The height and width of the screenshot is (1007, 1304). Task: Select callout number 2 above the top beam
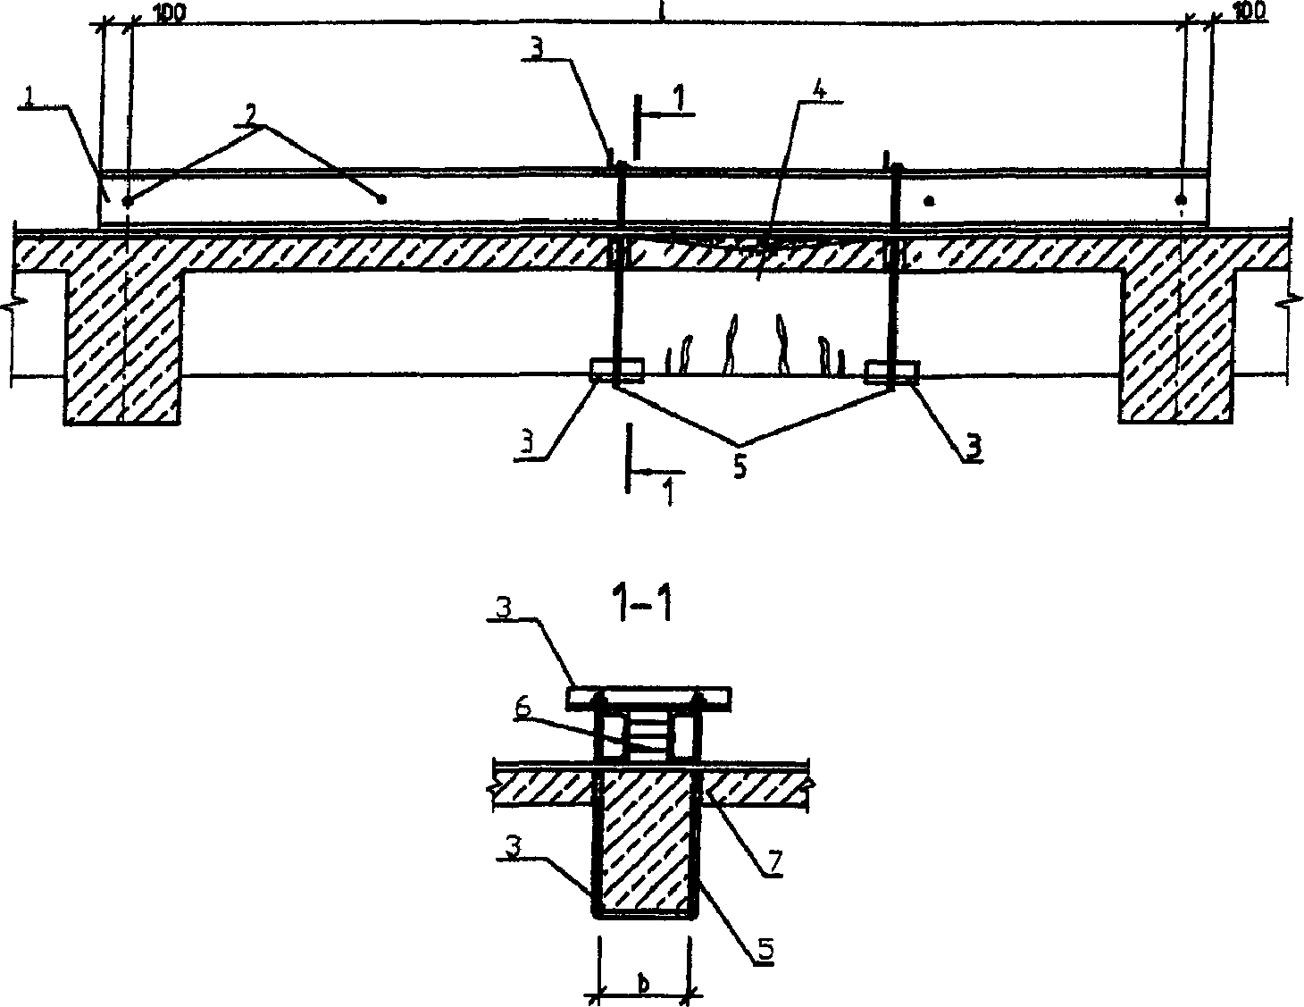[x=254, y=114]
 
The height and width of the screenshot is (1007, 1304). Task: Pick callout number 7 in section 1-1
[x=774, y=864]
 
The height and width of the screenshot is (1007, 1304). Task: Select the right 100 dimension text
[x=1250, y=12]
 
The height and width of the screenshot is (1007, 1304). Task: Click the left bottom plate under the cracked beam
[x=615, y=369]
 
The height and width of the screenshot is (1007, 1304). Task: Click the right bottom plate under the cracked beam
[x=890, y=372]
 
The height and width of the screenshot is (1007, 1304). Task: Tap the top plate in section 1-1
[x=650, y=694]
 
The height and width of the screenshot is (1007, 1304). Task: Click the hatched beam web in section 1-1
[x=645, y=840]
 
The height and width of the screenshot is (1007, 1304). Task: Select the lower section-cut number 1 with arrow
[x=667, y=490]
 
